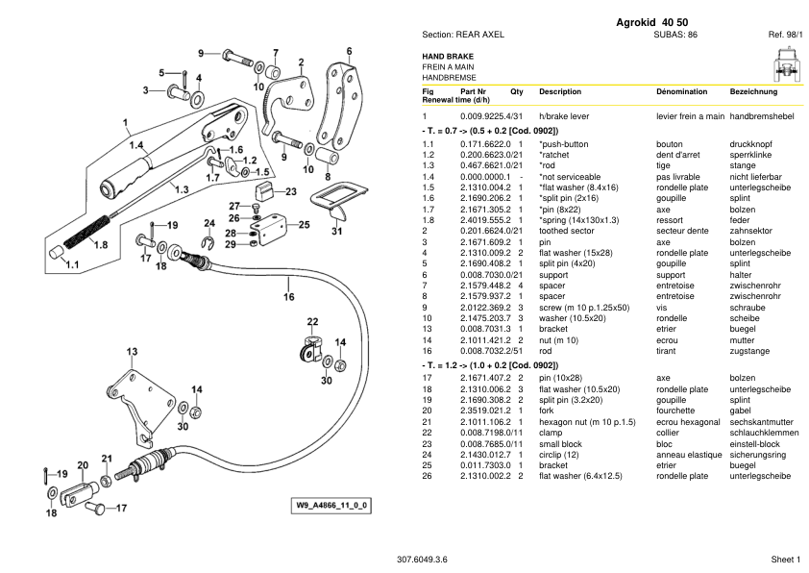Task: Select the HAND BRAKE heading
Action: (x=447, y=57)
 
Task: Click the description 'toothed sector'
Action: (x=568, y=230)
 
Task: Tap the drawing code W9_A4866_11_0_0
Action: (x=333, y=505)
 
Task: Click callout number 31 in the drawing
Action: (x=335, y=231)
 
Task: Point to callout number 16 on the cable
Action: (x=288, y=297)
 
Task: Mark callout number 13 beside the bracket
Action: (x=131, y=350)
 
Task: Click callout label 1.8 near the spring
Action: (x=101, y=244)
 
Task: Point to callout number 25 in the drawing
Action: (x=304, y=225)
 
